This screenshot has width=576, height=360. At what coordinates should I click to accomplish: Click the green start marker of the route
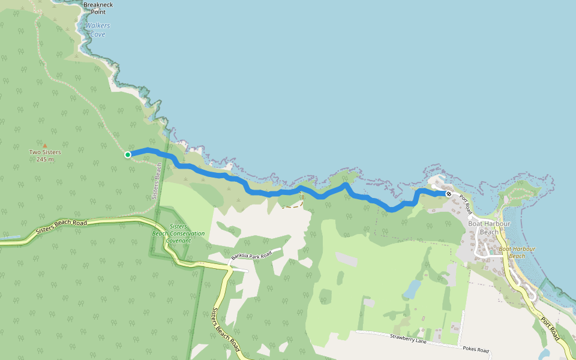tap(128, 155)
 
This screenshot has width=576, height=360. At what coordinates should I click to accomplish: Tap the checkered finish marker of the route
tap(448, 193)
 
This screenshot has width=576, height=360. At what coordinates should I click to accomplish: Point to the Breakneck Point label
tap(98, 8)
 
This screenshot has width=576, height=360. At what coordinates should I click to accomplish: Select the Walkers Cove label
tap(94, 30)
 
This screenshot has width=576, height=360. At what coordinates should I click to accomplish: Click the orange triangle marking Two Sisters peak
tap(44, 145)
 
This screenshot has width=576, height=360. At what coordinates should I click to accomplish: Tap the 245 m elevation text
tap(45, 159)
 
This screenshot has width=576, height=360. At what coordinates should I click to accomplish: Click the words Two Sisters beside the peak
tap(45, 152)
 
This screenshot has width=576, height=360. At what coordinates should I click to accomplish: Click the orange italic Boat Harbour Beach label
tap(517, 252)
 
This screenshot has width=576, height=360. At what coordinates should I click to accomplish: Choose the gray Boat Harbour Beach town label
tap(488, 227)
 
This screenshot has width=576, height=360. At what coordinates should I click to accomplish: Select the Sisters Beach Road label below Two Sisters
tap(61, 226)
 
